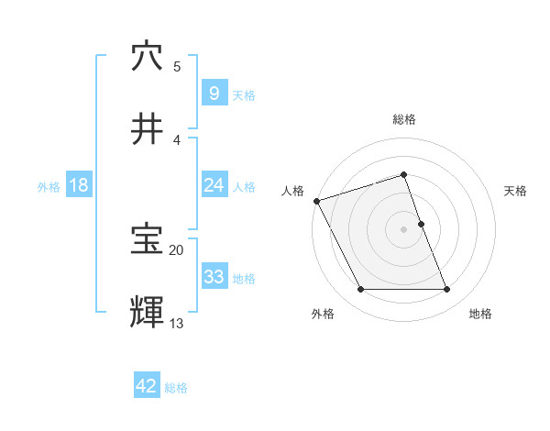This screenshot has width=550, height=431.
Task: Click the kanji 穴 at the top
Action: [x=147, y=57]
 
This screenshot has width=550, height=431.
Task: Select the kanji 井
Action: [x=147, y=129]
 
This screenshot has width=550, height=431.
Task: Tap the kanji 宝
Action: [x=147, y=240]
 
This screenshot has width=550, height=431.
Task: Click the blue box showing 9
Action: [x=214, y=94]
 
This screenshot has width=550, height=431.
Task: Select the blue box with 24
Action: [x=214, y=186]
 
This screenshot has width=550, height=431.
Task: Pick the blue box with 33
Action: [x=214, y=277]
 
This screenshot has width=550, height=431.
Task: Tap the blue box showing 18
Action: [x=79, y=186]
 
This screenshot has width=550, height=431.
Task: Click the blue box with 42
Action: [x=147, y=386]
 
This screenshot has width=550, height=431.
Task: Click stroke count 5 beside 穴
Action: [x=177, y=66]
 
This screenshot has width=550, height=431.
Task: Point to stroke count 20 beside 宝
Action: [x=177, y=249]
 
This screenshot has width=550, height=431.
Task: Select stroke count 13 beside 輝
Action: [x=177, y=322]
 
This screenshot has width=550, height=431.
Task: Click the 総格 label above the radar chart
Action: [x=404, y=119]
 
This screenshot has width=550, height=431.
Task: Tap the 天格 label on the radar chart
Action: [x=515, y=191]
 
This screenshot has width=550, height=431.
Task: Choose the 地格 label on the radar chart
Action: [x=480, y=314]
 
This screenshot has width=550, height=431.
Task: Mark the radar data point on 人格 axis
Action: [x=316, y=201]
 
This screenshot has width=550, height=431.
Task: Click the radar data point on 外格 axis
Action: [x=360, y=290]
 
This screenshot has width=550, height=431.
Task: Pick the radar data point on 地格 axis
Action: [x=447, y=290]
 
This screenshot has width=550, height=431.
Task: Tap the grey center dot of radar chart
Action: [x=404, y=229]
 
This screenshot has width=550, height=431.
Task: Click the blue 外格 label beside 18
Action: [x=49, y=187]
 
